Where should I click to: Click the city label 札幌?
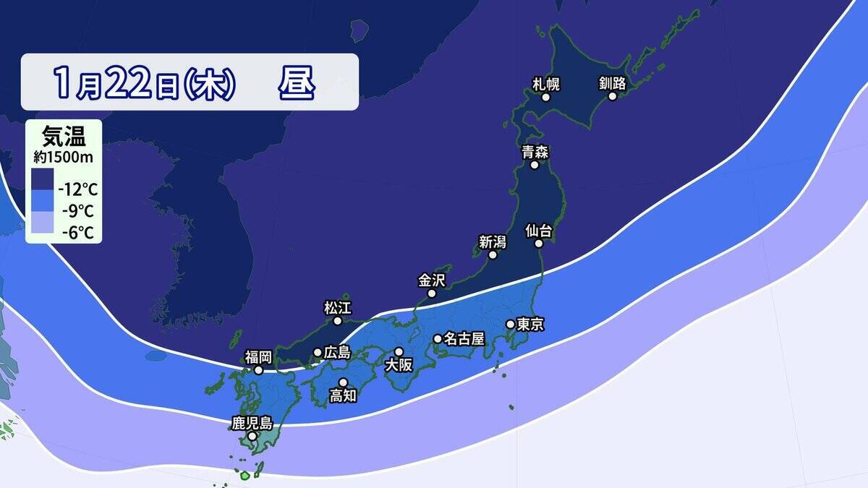point(546,83)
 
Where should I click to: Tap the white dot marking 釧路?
point(613,96)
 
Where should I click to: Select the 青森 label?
point(535,152)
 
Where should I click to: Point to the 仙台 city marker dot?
point(539,244)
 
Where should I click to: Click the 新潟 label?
point(493,241)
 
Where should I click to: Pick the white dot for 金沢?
point(432,294)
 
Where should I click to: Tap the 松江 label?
point(336,307)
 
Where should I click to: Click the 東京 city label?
point(531,325)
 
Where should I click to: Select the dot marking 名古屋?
point(438,338)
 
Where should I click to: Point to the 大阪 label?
point(399,365)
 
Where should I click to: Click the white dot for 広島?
point(318,353)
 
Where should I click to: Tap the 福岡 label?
point(258,356)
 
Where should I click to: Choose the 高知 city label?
point(343,395)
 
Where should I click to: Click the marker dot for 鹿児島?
point(252,437)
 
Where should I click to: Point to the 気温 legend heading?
point(64,135)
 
